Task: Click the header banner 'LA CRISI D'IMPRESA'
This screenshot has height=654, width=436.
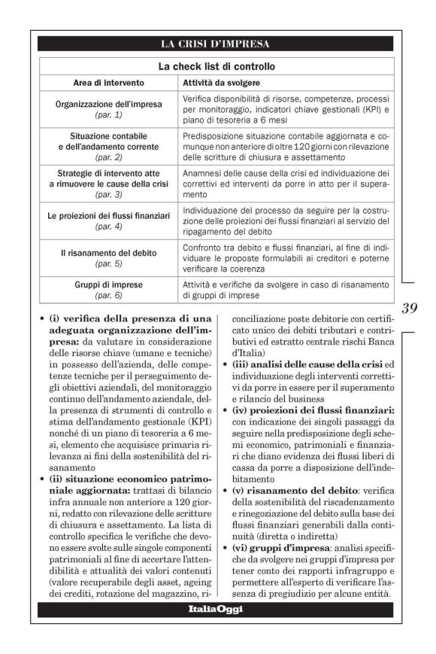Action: (215, 44)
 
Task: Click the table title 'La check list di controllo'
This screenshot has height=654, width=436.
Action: (215, 66)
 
